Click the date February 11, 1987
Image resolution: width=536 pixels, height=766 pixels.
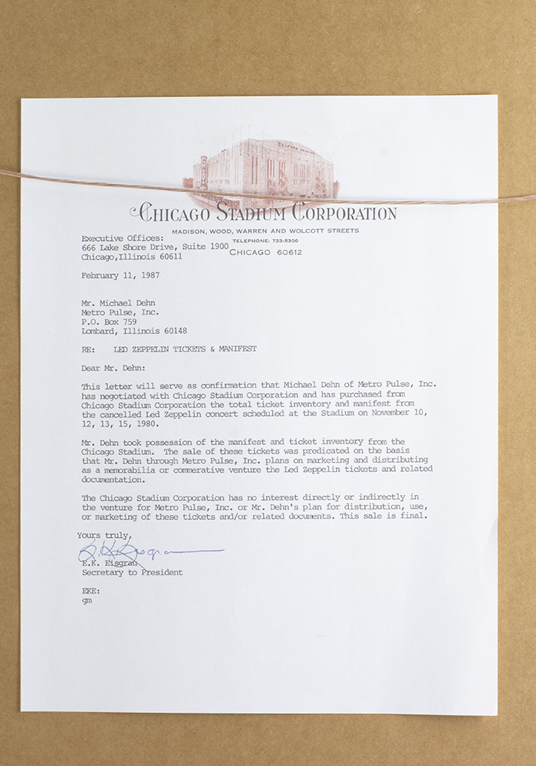[115, 274]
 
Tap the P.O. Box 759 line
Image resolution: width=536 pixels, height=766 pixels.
[110, 322]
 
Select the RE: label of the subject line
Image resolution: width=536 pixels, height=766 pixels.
[89, 349]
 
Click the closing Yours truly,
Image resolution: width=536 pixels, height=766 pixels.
[104, 535]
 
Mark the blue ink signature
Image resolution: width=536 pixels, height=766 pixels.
[146, 551]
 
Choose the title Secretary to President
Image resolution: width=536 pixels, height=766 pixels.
[132, 572]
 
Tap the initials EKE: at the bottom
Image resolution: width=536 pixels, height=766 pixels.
[90, 591]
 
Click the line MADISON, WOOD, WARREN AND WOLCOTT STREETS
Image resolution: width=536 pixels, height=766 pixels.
[264, 231]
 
